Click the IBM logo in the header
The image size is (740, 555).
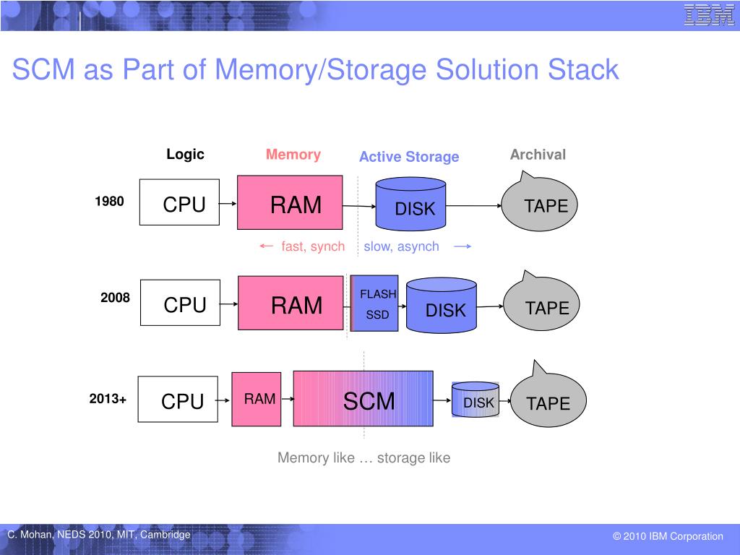pyautogui.click(x=709, y=15)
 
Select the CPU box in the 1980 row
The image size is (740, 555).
pyautogui.click(x=179, y=202)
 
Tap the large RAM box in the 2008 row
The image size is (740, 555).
pyautogui.click(x=291, y=303)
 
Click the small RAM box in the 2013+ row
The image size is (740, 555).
pyautogui.click(x=257, y=399)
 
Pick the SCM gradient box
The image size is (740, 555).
pyautogui.click(x=363, y=399)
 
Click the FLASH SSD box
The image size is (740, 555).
pyautogui.click(x=374, y=304)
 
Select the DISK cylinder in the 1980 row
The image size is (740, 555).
pyautogui.click(x=410, y=204)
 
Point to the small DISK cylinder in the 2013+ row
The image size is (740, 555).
pyautogui.click(x=476, y=400)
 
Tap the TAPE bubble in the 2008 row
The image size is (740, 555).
pyautogui.click(x=541, y=302)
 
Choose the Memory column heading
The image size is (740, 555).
pyautogui.click(x=293, y=155)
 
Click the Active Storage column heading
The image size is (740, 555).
pyautogui.click(x=409, y=157)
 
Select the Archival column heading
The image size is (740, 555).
pyautogui.click(x=538, y=155)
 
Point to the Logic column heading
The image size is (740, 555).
pyautogui.click(x=185, y=155)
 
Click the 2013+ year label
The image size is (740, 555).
pyautogui.click(x=108, y=399)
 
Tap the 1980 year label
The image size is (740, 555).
pyautogui.click(x=110, y=201)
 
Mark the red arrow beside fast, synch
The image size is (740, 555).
pyautogui.click(x=267, y=246)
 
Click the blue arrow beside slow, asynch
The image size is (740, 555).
pyautogui.click(x=462, y=246)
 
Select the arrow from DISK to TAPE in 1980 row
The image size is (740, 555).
pyautogui.click(x=474, y=206)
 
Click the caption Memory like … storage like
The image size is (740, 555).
pyautogui.click(x=364, y=457)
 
